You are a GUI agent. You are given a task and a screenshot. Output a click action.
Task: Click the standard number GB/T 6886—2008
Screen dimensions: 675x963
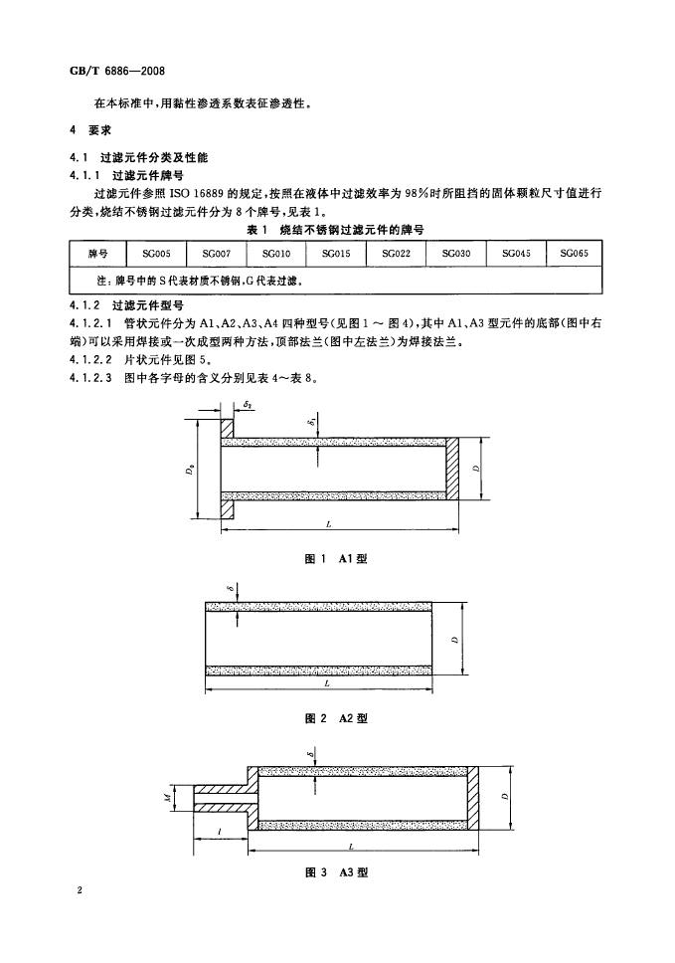click(118, 71)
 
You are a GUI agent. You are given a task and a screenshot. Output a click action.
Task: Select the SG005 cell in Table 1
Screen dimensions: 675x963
click(156, 253)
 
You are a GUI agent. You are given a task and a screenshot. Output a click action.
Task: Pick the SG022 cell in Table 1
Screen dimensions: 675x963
click(396, 253)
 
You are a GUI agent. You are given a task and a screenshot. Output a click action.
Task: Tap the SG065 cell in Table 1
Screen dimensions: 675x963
click(575, 253)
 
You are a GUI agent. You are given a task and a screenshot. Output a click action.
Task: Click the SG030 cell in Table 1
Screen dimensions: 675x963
click(456, 253)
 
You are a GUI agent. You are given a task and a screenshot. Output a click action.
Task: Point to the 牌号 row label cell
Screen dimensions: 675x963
click(98, 253)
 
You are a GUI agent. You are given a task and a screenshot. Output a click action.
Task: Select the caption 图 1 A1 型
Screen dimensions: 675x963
click(336, 558)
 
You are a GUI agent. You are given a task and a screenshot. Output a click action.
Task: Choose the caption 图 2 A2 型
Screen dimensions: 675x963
click(336, 718)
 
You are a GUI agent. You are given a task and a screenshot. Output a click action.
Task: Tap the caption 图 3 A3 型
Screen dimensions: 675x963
click(336, 872)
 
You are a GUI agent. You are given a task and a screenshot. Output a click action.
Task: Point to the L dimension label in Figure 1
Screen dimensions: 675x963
click(329, 524)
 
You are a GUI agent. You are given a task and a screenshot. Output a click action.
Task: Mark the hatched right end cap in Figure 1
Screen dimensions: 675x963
click(453, 469)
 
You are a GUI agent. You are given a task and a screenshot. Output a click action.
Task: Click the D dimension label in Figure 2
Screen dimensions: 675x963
click(455, 639)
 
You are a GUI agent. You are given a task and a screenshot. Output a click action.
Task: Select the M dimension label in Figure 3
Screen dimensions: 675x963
click(166, 798)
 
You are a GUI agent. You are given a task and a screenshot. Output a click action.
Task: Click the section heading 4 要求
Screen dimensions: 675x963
click(91, 130)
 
